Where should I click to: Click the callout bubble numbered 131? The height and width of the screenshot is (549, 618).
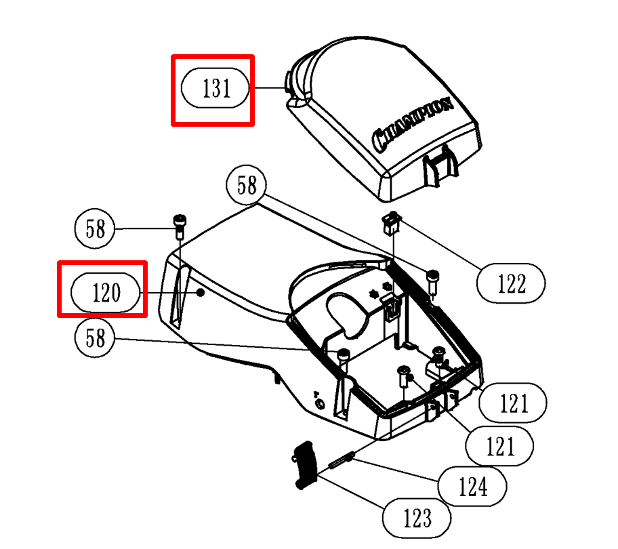[x=216, y=89]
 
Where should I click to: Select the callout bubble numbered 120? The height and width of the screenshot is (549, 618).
[x=106, y=293]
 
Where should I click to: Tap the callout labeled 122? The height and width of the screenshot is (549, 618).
[x=512, y=283]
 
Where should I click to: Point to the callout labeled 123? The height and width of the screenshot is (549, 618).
[x=417, y=518]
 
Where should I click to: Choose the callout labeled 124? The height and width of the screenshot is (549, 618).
[x=472, y=485]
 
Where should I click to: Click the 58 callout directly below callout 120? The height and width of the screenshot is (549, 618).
[x=96, y=338]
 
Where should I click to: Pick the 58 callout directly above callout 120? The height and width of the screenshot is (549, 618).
[x=96, y=229]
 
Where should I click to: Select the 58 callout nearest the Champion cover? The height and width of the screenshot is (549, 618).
[x=247, y=185]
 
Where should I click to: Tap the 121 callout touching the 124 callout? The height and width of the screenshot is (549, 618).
[x=500, y=446]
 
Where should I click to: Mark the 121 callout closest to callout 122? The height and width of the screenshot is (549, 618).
[x=513, y=403]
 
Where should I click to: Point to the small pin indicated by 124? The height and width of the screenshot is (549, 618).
[x=339, y=460]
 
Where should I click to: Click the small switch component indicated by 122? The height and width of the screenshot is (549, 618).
[x=390, y=223]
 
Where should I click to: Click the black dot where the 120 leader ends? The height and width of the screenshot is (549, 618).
[x=200, y=293]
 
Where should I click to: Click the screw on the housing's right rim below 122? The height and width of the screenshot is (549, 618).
[x=432, y=280]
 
